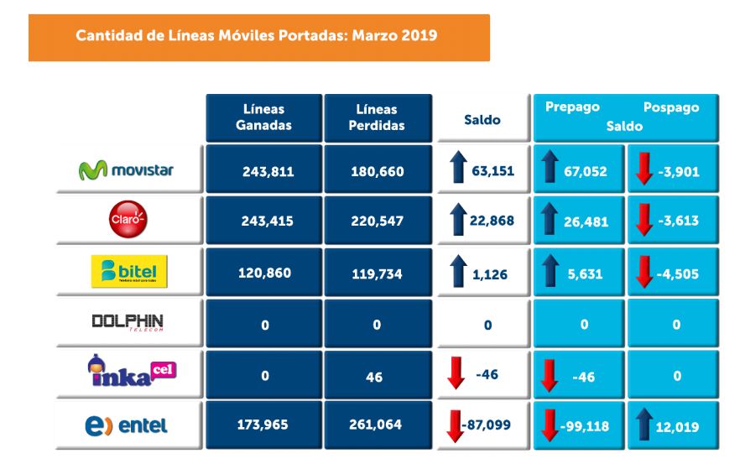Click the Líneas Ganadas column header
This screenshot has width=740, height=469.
tap(264, 117)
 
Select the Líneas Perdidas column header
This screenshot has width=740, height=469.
tap(377, 117)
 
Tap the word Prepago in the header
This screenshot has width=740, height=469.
tap(572, 108)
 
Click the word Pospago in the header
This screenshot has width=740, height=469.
tap(670, 108)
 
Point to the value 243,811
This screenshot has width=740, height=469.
tap(264, 171)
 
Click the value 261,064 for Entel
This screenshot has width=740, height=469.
tap(377, 425)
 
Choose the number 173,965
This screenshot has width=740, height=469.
tap(264, 425)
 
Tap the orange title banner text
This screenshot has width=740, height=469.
tap(256, 37)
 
